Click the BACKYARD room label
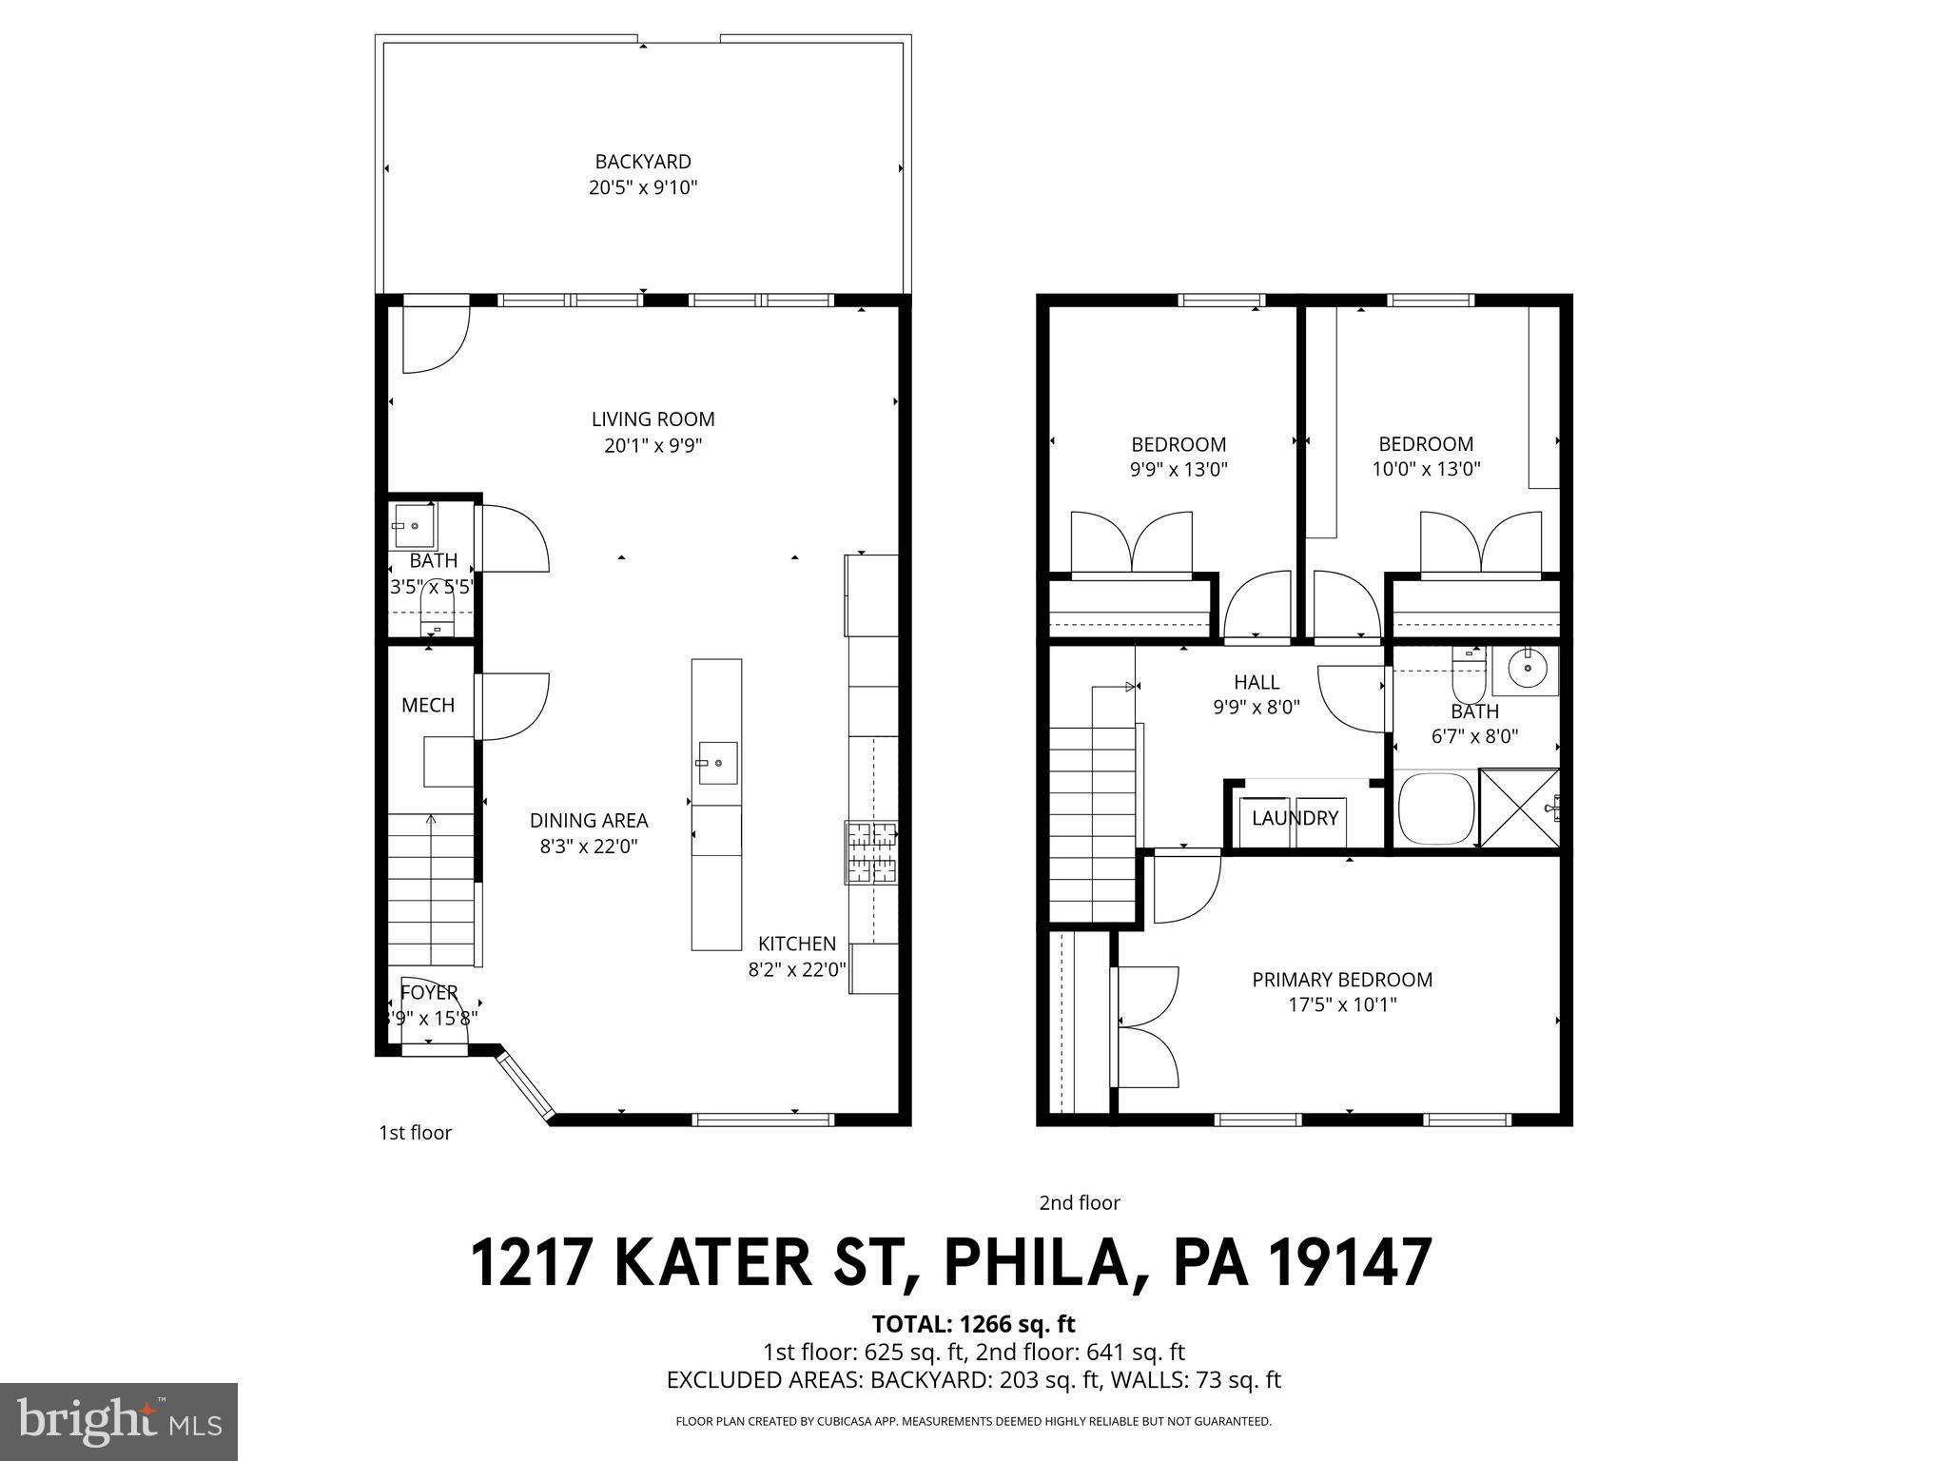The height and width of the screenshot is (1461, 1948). click(x=643, y=163)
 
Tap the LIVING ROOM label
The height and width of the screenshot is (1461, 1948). click(x=653, y=419)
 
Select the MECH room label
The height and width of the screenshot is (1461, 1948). click(x=428, y=705)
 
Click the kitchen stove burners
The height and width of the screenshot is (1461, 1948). click(x=871, y=852)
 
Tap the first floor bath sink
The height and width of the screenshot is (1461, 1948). click(x=415, y=525)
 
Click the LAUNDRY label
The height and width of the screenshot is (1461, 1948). click(x=1295, y=818)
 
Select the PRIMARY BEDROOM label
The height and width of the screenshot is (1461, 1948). click(x=1342, y=980)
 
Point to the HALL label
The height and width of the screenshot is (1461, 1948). click(x=1256, y=682)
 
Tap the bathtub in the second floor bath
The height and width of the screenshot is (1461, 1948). click(x=1435, y=808)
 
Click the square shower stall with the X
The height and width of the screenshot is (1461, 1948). click(x=1519, y=808)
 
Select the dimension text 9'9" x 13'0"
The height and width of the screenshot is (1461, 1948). click(x=1179, y=469)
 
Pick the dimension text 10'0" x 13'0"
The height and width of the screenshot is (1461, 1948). click(x=1426, y=469)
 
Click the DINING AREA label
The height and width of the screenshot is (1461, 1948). click(x=589, y=820)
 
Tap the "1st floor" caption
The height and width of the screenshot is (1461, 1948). click(x=415, y=1133)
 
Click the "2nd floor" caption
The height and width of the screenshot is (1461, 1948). click(x=1080, y=1203)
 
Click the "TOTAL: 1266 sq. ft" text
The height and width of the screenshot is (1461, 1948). click(x=973, y=1324)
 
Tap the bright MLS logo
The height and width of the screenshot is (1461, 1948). click(x=119, y=1422)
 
